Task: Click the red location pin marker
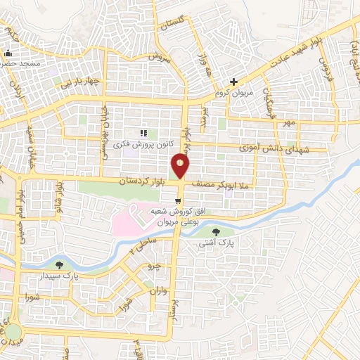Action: point(180,167)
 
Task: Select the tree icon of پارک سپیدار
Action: point(58,265)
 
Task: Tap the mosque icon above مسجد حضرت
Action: point(8,53)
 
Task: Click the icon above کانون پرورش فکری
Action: point(143,133)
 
